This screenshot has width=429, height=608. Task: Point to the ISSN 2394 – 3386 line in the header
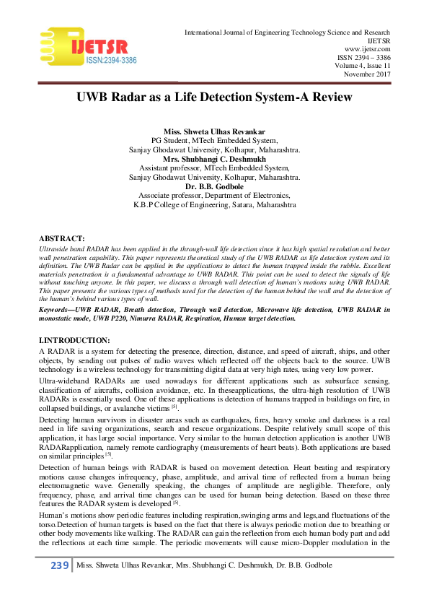pyautogui.click(x=363, y=56)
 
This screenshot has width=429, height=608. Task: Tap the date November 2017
pyautogui.click(x=366, y=74)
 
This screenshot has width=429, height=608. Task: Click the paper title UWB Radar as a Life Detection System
pyautogui.click(x=214, y=97)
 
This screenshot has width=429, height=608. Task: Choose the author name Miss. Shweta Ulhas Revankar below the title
pyautogui.click(x=214, y=131)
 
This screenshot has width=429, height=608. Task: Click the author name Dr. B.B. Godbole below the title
pyautogui.click(x=214, y=187)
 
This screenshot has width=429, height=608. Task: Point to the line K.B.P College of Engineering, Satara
pyautogui.click(x=214, y=205)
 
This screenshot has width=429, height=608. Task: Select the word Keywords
pyautogui.click(x=57, y=310)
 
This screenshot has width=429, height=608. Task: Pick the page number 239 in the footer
pyautogui.click(x=58, y=565)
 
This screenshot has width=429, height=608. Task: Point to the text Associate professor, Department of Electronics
pyautogui.click(x=214, y=196)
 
